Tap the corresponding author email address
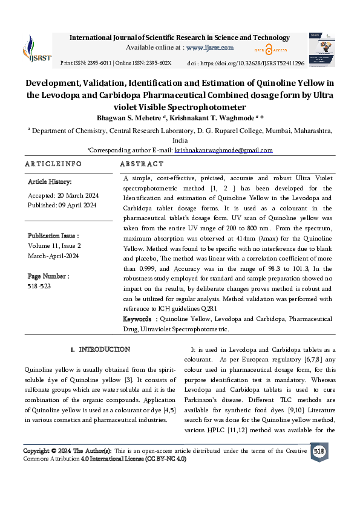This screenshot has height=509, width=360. [223, 150]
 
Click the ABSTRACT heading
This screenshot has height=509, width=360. [142, 164]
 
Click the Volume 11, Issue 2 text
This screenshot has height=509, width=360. [54, 246]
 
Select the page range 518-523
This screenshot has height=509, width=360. [39, 286]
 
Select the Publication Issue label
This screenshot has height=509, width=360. [53, 236]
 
